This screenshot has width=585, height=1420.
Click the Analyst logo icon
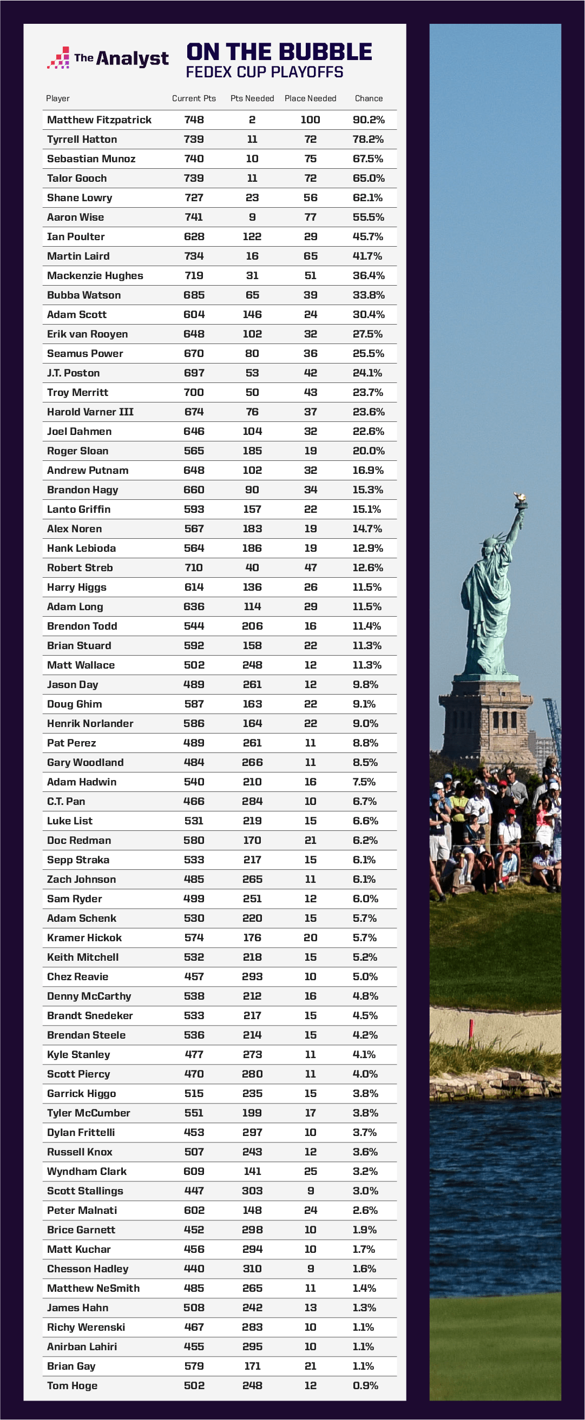pos(59,58)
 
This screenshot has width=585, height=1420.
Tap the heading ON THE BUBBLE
pos(279,52)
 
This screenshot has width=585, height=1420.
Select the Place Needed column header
pos(311,98)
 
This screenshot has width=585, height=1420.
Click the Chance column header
pos(369,98)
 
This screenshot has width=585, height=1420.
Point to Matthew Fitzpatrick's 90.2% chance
pos(369,120)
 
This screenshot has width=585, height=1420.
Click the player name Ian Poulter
pos(76,236)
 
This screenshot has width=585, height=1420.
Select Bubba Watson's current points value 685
pos(194,295)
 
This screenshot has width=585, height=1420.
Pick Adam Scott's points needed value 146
pos(252,314)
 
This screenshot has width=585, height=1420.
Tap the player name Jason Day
pos(72,684)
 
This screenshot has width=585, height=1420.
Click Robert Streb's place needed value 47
pos(311,567)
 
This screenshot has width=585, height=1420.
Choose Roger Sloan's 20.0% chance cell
pos(369,451)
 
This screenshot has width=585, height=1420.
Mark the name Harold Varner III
pos(90,412)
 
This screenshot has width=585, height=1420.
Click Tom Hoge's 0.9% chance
pos(365,1385)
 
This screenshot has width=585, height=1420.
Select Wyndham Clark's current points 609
pos(194,1171)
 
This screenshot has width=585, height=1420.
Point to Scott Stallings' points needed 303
pos(252,1191)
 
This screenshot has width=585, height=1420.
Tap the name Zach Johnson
pos(81,879)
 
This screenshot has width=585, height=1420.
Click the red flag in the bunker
pos(471,1027)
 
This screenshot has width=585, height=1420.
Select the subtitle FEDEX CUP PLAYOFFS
pos(264,72)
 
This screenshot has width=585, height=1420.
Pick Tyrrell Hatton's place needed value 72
pos(311,139)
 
